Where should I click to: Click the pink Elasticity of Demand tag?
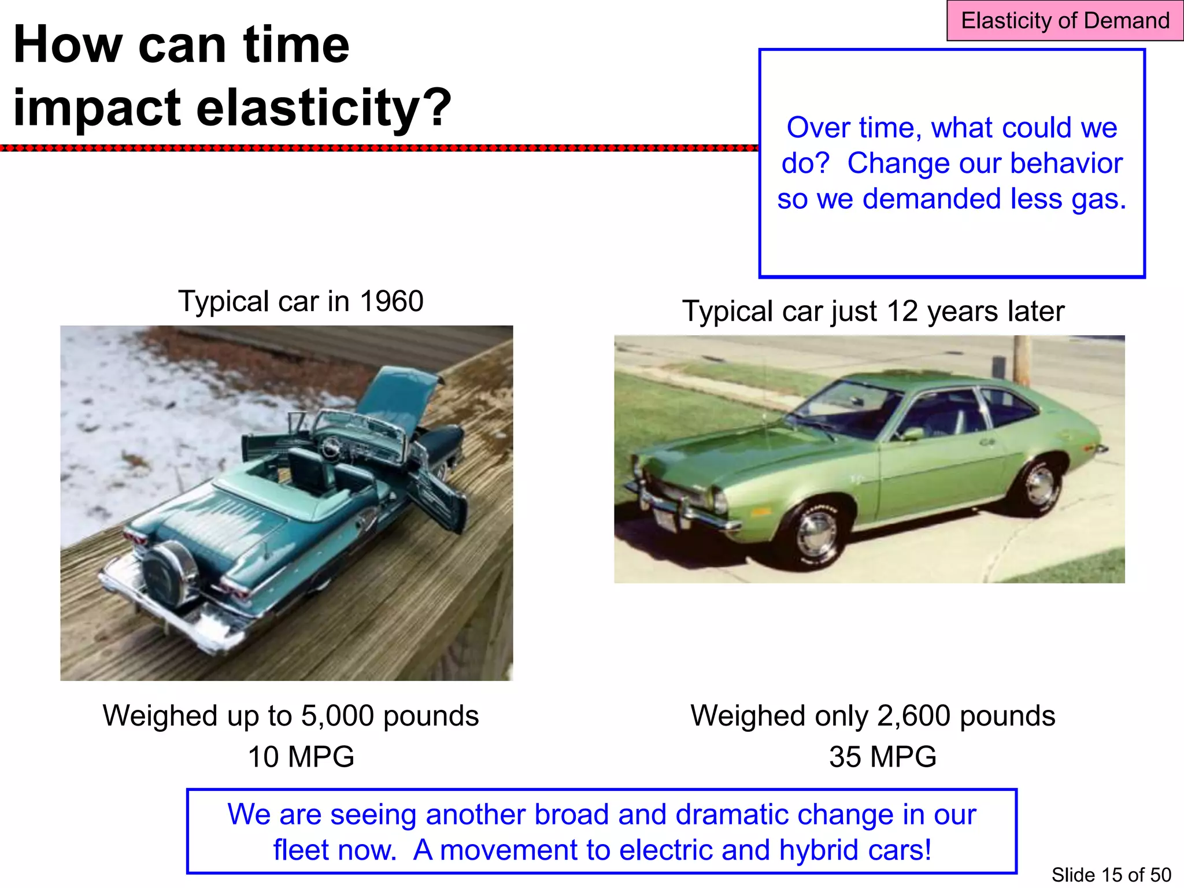click(x=1064, y=21)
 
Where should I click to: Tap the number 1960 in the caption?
click(x=391, y=301)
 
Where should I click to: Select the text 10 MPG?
click(x=301, y=756)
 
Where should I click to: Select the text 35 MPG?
click(x=882, y=756)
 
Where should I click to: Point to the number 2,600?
click(x=913, y=716)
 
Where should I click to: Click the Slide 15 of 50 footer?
click(x=1111, y=875)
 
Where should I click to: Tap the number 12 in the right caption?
click(x=902, y=311)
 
